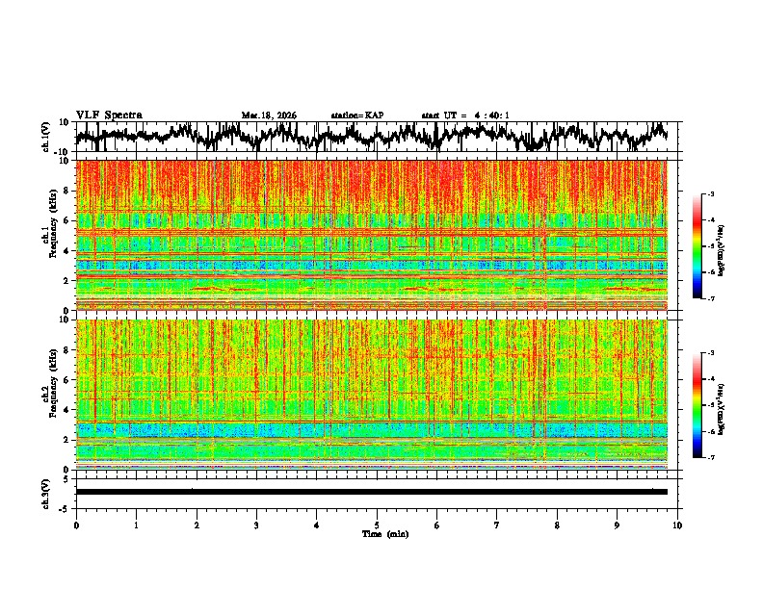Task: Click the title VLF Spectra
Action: coord(109,115)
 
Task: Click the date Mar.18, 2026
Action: coord(269,115)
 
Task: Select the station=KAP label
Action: coord(356,115)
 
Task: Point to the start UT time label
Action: coord(465,115)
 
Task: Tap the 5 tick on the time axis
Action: coord(377,525)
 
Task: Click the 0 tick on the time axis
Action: coord(76,525)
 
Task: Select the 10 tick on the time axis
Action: coord(677,525)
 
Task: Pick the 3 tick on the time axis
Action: coord(256,525)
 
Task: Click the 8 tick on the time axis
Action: coord(557,525)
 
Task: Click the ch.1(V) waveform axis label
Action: coord(46,138)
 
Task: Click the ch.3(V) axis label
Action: coord(46,492)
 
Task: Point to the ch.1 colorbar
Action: coord(704,246)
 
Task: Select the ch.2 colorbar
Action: coord(704,405)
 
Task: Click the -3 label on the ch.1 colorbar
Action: coord(717,194)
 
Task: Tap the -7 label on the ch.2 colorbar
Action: coord(717,458)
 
